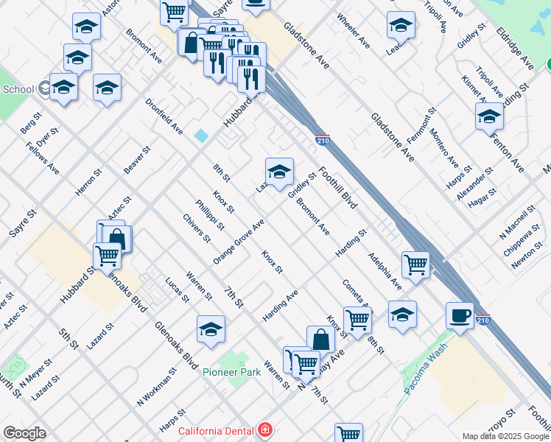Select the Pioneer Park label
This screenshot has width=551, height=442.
[232, 373]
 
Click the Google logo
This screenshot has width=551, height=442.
[24, 433]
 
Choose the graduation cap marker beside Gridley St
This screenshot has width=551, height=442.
[279, 172]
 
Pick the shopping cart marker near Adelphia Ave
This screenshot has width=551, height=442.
[416, 265]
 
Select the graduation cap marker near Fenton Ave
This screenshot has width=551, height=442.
[489, 116]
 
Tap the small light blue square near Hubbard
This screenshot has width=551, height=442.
[201, 136]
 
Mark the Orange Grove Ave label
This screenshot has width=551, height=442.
[239, 242]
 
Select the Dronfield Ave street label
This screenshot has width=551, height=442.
[164, 116]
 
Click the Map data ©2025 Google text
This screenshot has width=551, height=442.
[505, 436]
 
